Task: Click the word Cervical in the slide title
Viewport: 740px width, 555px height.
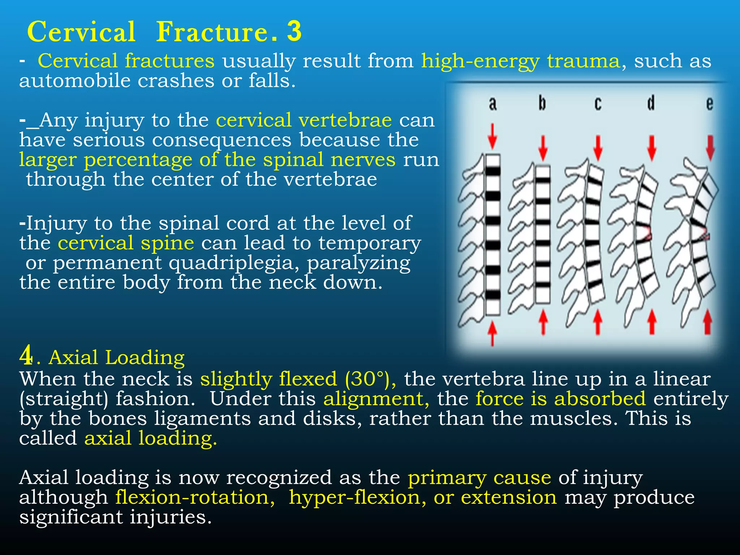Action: pos(81,32)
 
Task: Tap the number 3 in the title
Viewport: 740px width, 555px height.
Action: pos(294,31)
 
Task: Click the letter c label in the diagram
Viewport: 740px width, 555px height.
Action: pos(598,104)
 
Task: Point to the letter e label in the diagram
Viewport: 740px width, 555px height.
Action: pos(709,104)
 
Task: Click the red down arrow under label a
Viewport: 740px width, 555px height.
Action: pos(492,137)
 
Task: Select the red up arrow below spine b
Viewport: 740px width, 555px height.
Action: pos(543,322)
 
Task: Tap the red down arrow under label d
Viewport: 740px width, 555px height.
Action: pos(651,148)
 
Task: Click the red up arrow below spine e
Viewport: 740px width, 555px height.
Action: pos(708,322)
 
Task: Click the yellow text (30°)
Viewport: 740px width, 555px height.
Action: pos(370,379)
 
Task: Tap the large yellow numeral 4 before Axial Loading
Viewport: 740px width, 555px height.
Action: pos(26,356)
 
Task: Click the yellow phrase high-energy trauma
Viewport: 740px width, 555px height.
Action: pos(520,61)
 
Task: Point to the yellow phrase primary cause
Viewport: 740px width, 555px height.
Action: pos(479,478)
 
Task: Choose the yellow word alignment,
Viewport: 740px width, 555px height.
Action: pos(376,399)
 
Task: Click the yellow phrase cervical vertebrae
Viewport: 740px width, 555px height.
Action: pos(304,120)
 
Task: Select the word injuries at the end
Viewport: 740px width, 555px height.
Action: pos(170,517)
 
